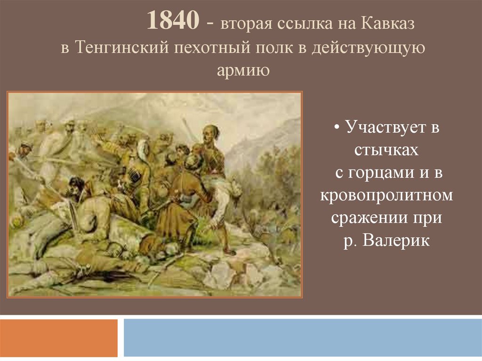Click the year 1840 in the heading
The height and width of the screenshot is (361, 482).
pos(173,20)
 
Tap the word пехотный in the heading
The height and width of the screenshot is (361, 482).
pos(212,47)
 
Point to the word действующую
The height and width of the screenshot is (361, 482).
pos(368,48)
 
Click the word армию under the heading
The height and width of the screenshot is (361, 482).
pos(243,70)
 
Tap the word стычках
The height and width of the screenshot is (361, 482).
pos(386,150)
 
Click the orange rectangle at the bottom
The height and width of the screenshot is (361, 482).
pos(59,337)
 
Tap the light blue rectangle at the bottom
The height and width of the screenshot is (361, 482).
pos(303,337)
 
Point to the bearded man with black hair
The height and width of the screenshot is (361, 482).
pos(75,188)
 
